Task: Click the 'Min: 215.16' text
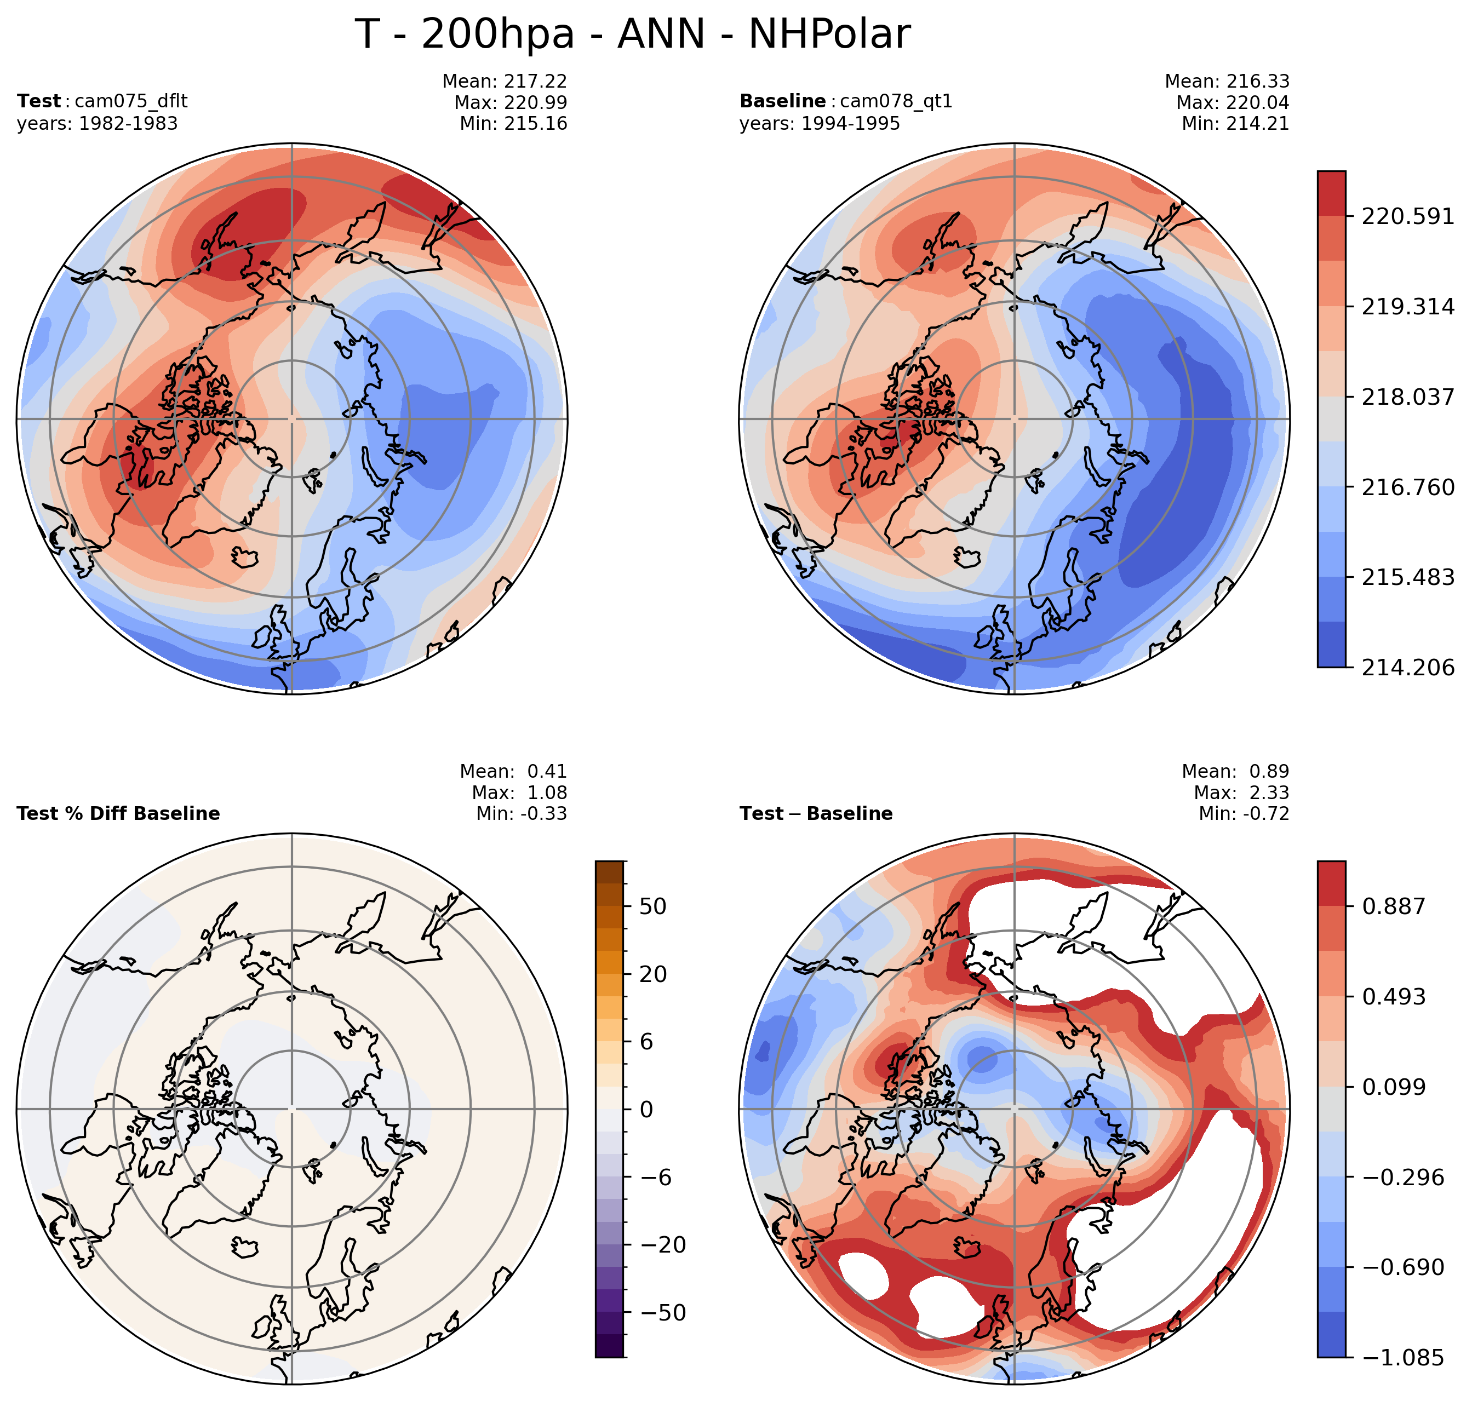pos(513,123)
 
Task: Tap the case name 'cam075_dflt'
pos(131,101)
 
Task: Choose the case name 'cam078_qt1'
pos(896,101)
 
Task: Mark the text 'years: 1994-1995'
pos(820,124)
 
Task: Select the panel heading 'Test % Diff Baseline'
pos(118,814)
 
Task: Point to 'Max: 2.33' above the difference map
pos(1241,793)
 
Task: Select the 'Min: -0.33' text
pos(522,814)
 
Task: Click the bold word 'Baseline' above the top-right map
pos(782,101)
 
